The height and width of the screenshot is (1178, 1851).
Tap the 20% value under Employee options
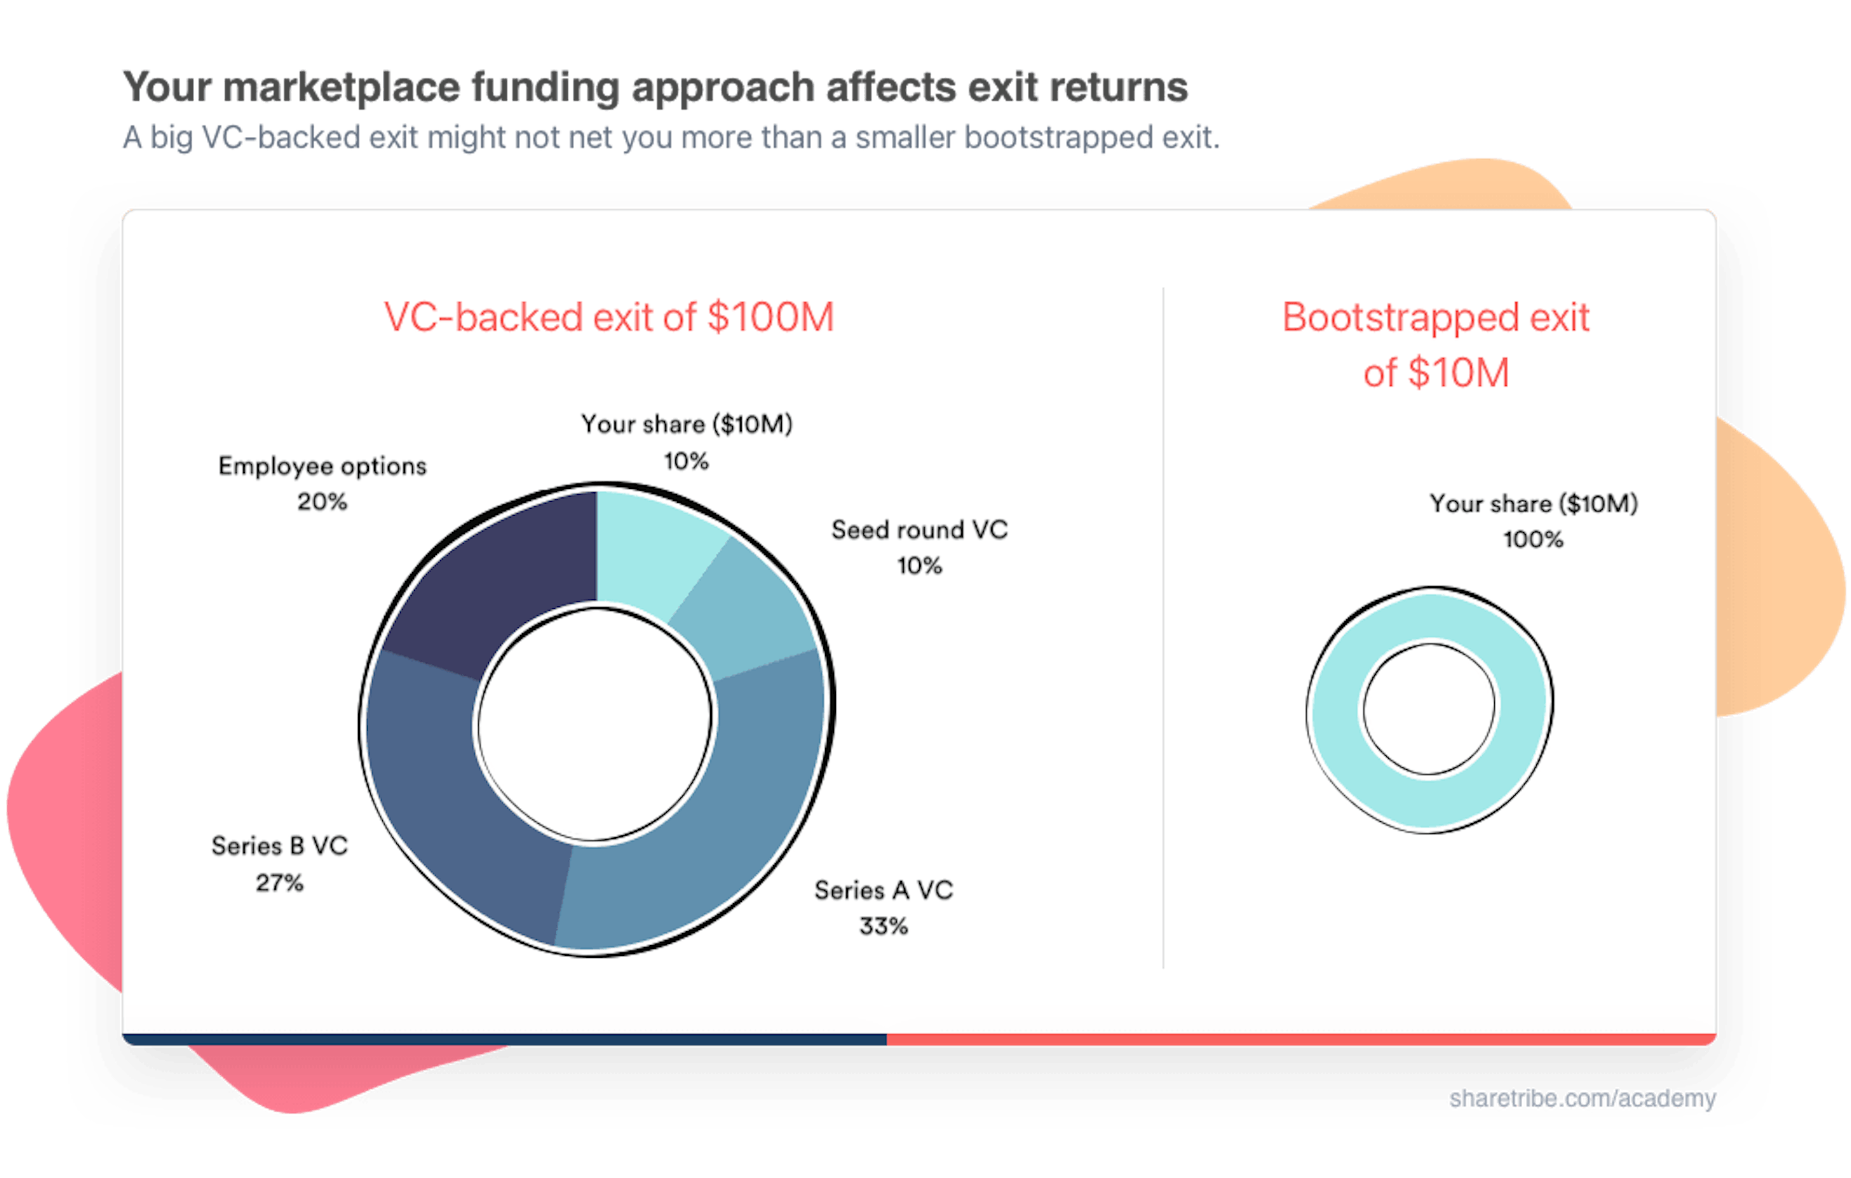[322, 502]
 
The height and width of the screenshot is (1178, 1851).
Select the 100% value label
[1533, 539]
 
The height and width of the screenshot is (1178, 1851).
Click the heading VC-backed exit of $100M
[609, 317]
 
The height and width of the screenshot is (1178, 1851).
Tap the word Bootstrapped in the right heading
[1399, 317]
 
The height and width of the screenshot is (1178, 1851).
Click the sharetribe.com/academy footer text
[1582, 1099]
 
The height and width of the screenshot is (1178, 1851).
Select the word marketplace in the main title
[342, 87]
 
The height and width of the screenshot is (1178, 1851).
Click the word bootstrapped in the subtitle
[1057, 138]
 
